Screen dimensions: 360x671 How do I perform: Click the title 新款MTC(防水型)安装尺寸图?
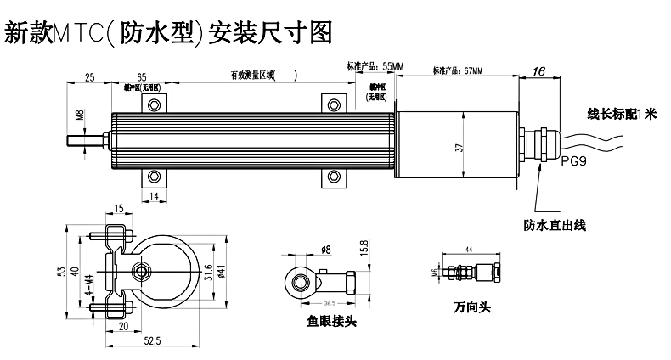166,33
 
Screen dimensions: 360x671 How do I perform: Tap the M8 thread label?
80,115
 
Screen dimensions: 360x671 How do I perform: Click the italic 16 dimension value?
538,72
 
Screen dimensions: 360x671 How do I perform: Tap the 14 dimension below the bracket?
155,197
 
